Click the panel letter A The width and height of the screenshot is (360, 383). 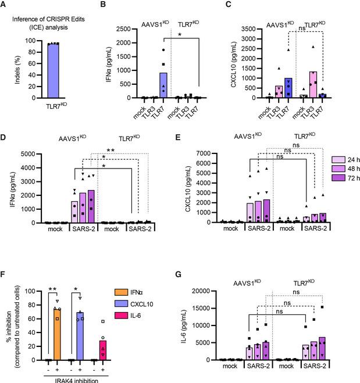tap(5, 5)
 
